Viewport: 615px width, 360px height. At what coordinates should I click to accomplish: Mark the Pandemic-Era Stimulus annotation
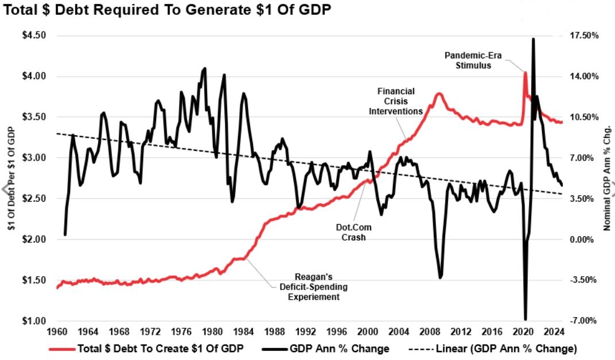tap(469, 60)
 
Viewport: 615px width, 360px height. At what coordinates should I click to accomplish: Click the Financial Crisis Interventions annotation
tap(395, 101)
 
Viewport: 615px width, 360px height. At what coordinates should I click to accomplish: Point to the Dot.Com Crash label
tap(351, 232)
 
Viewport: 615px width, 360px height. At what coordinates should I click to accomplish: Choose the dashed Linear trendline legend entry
tap(499, 349)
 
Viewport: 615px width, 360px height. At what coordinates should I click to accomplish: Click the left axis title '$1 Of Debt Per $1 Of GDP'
tap(11, 178)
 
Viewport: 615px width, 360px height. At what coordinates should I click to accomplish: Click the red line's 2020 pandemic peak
tap(525, 72)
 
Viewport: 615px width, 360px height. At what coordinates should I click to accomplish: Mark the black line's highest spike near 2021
tap(533, 39)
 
